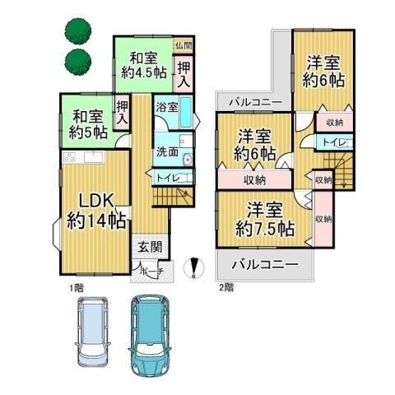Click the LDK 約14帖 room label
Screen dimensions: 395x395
(x=96, y=211)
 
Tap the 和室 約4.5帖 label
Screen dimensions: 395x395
(x=144, y=66)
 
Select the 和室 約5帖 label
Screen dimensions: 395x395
(x=88, y=125)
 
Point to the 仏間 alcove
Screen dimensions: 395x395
(x=184, y=45)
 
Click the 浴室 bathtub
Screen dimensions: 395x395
(x=186, y=112)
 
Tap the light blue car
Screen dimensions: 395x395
(x=92, y=332)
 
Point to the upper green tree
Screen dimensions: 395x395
(x=78, y=31)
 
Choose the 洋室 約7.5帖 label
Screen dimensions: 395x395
(x=265, y=220)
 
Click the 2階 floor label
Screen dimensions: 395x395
(x=226, y=288)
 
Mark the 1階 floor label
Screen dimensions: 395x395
(x=77, y=288)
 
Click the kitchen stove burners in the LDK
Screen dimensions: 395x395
(x=70, y=158)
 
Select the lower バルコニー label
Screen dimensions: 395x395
(x=265, y=265)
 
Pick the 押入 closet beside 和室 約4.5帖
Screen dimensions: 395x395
(x=184, y=74)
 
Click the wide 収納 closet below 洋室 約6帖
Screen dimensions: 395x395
(x=254, y=180)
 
